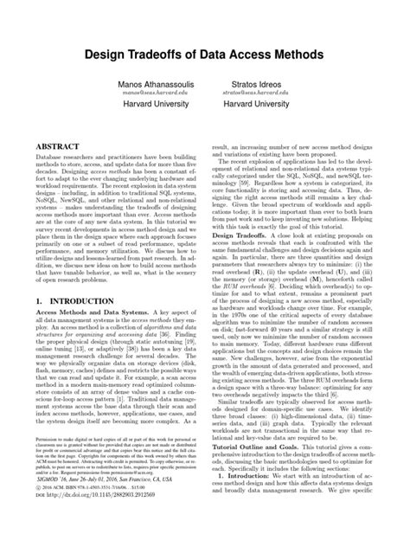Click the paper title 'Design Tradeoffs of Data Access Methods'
click(205, 54)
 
